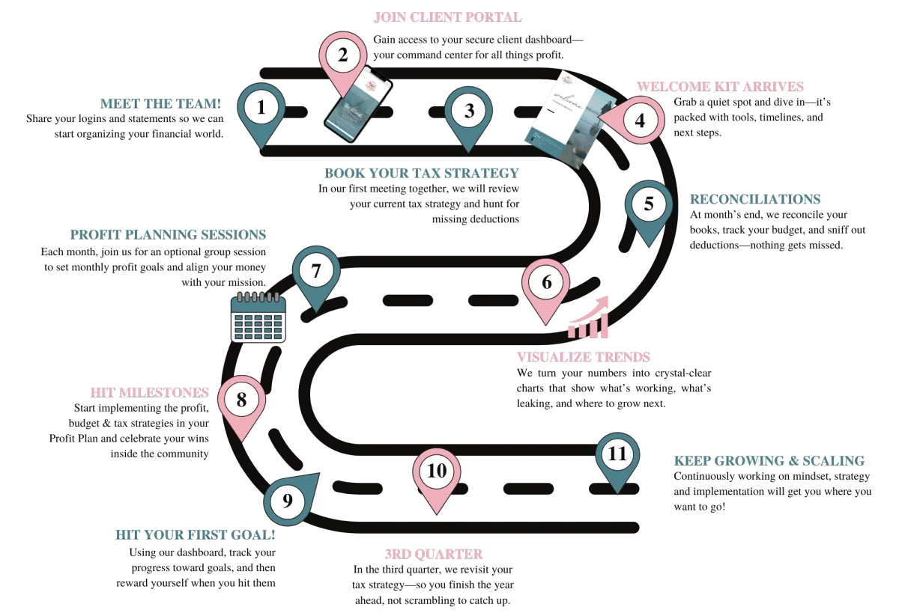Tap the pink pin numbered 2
pyautogui.click(x=343, y=60)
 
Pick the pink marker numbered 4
pyautogui.click(x=634, y=120)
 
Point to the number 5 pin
pyautogui.click(x=649, y=210)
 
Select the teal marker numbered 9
pyautogui.click(x=290, y=498)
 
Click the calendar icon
pyautogui.click(x=258, y=317)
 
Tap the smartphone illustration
pyautogui.click(x=358, y=105)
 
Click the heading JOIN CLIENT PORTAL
pyautogui.click(x=447, y=17)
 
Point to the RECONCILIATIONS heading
pyautogui.click(x=755, y=199)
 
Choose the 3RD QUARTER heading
pyautogui.click(x=434, y=554)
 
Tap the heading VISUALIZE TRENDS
pyautogui.click(x=583, y=357)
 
